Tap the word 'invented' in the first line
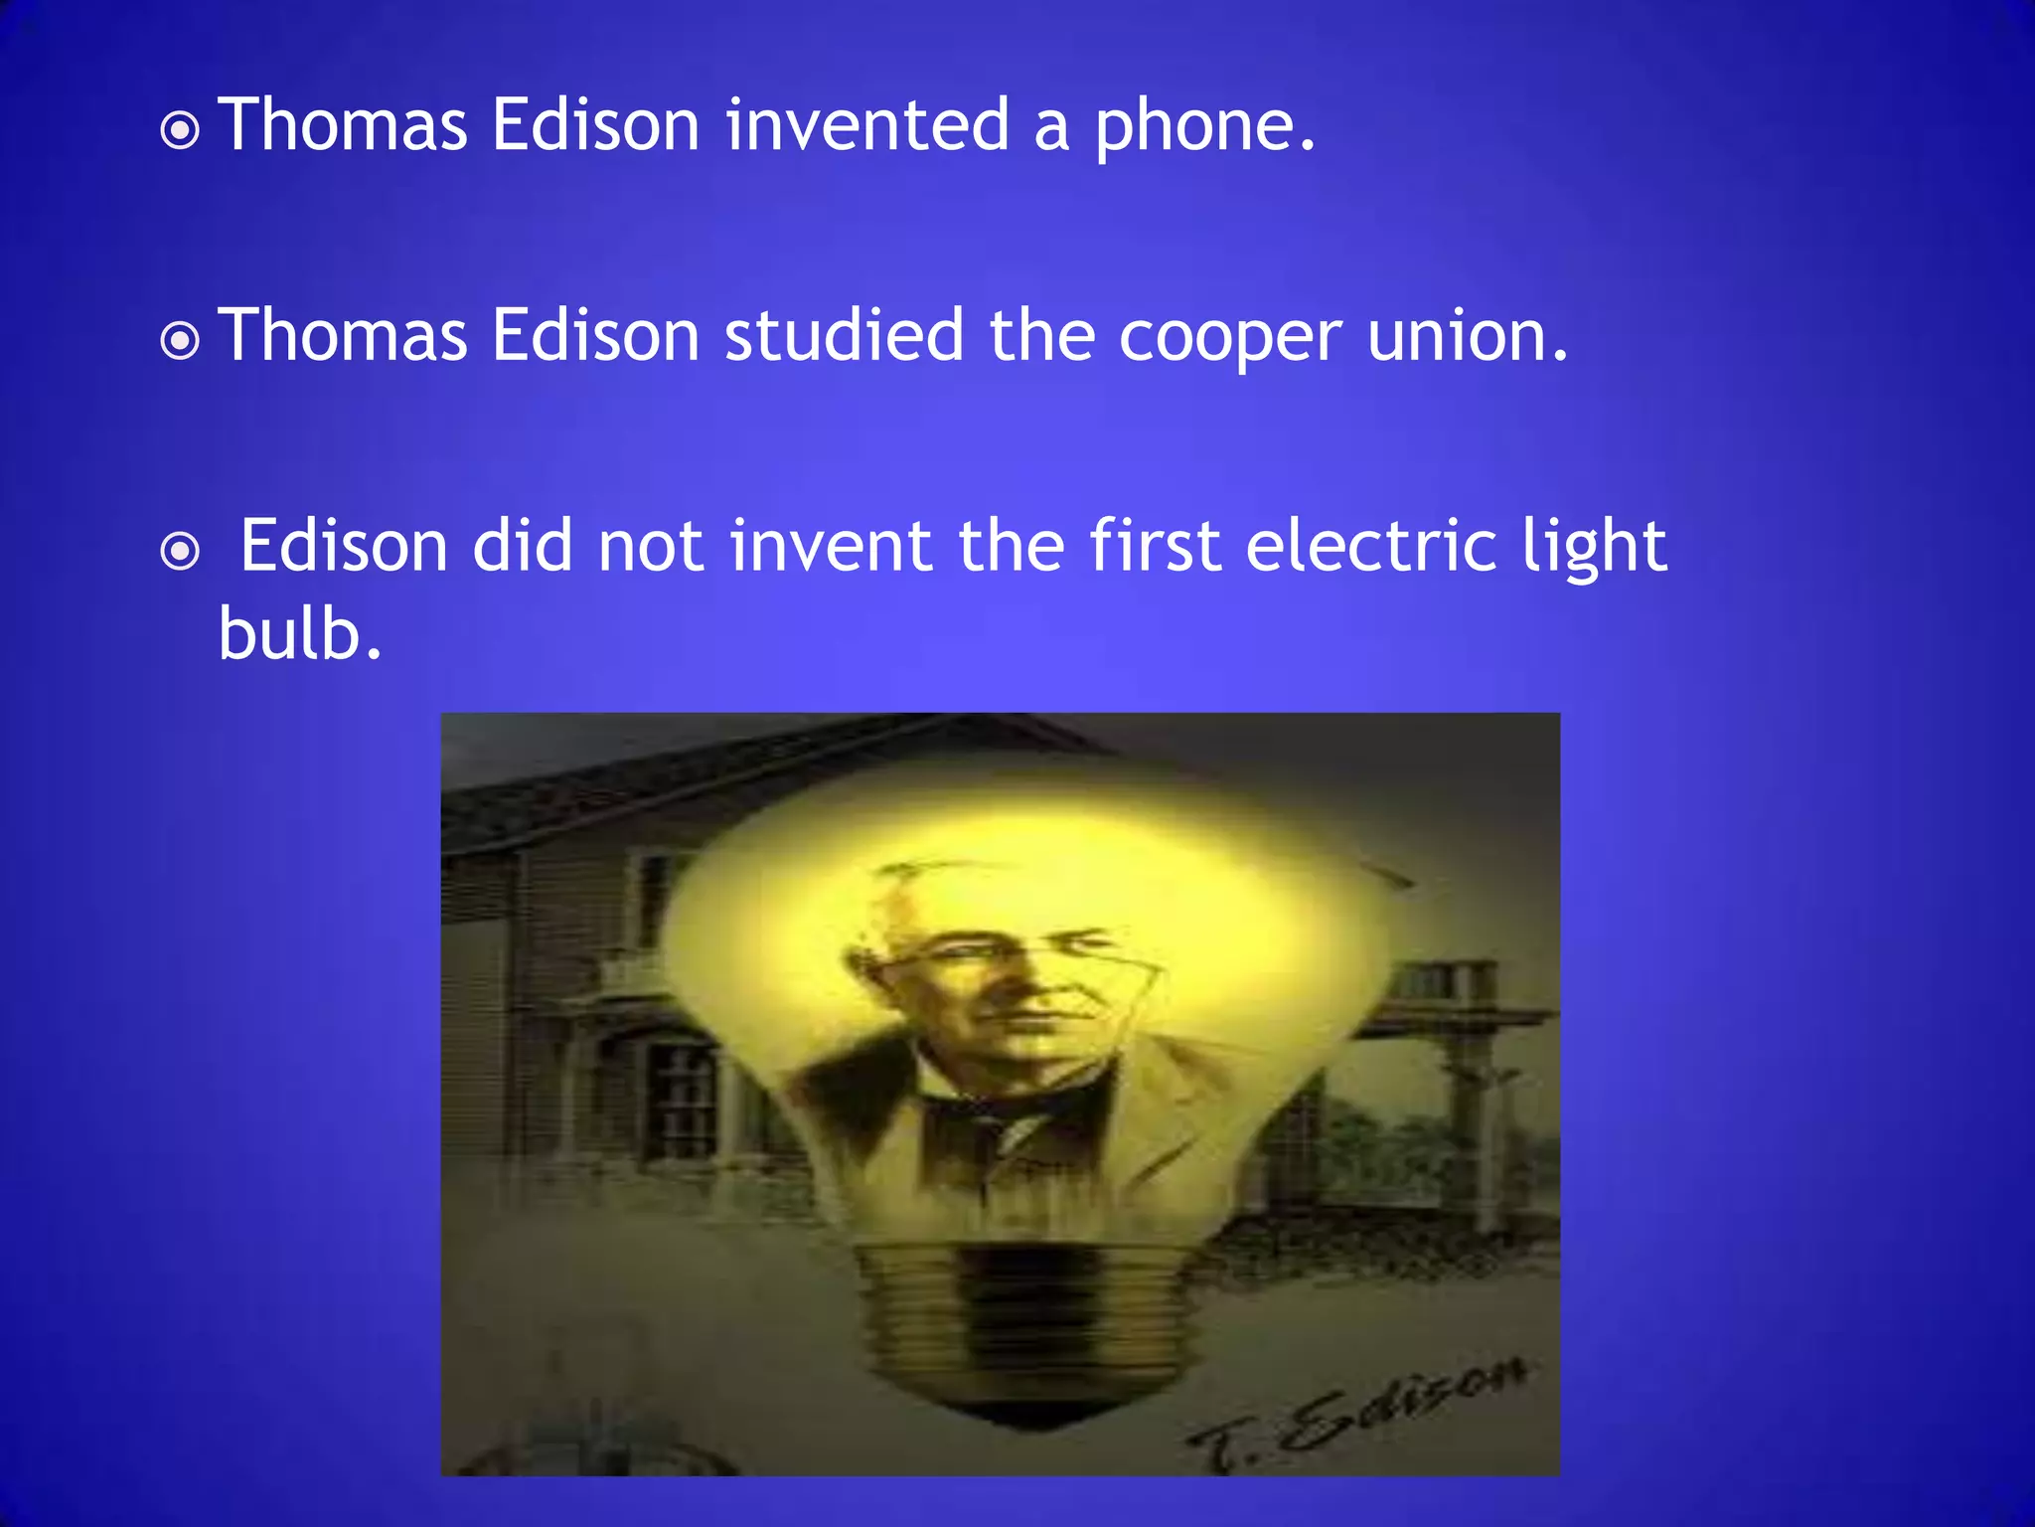pyautogui.click(x=867, y=126)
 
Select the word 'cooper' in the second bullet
pyautogui.click(x=1230, y=338)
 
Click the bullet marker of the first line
pyautogui.click(x=180, y=130)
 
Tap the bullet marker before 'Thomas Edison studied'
pyautogui.click(x=180, y=341)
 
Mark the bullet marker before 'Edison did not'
pyautogui.click(x=180, y=551)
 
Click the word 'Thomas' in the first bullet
pyautogui.click(x=343, y=126)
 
